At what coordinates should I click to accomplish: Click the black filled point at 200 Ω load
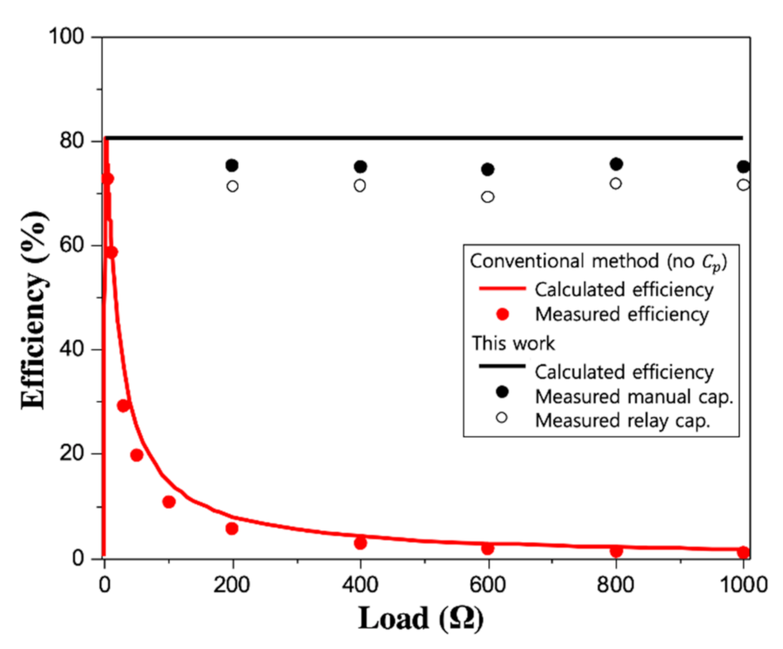pyautogui.click(x=232, y=165)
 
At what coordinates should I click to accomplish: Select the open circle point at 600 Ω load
pyautogui.click(x=487, y=197)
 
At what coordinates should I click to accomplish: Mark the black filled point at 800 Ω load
pyautogui.click(x=616, y=164)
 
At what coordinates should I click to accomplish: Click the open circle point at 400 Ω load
pyautogui.click(x=360, y=186)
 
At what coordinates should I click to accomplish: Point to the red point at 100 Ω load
pyautogui.click(x=168, y=502)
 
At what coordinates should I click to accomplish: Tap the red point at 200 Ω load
pyautogui.click(x=232, y=528)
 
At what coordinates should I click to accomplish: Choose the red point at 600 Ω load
pyautogui.click(x=487, y=548)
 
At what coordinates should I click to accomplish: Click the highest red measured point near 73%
pyautogui.click(x=108, y=179)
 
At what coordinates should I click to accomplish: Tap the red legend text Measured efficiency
pyautogui.click(x=622, y=314)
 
